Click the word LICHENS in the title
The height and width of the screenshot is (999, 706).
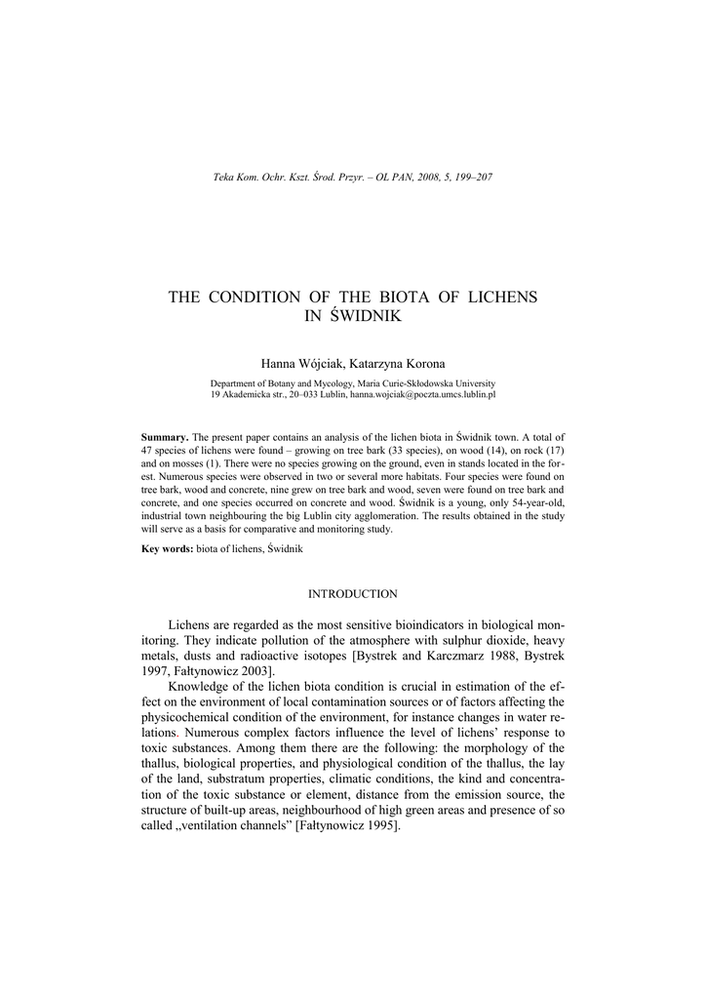coord(501,297)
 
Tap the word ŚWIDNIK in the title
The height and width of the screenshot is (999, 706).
coord(368,317)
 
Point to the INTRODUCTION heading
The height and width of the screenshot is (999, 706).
coord(353,593)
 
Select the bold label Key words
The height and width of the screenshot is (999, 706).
coord(168,549)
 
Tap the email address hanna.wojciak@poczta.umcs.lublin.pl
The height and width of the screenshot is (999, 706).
coord(423,395)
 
